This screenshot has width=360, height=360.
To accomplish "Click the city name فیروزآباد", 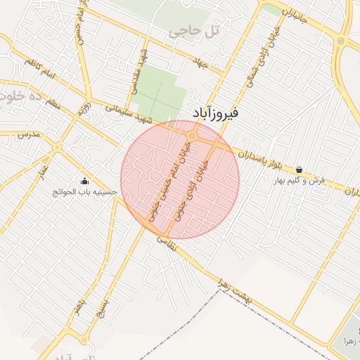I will (216, 112).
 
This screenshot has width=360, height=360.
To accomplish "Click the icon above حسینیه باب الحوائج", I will (85, 181).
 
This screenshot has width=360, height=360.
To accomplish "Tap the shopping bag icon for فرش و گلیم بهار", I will (300, 169).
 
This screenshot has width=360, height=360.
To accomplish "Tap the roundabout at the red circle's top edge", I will (191, 136).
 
